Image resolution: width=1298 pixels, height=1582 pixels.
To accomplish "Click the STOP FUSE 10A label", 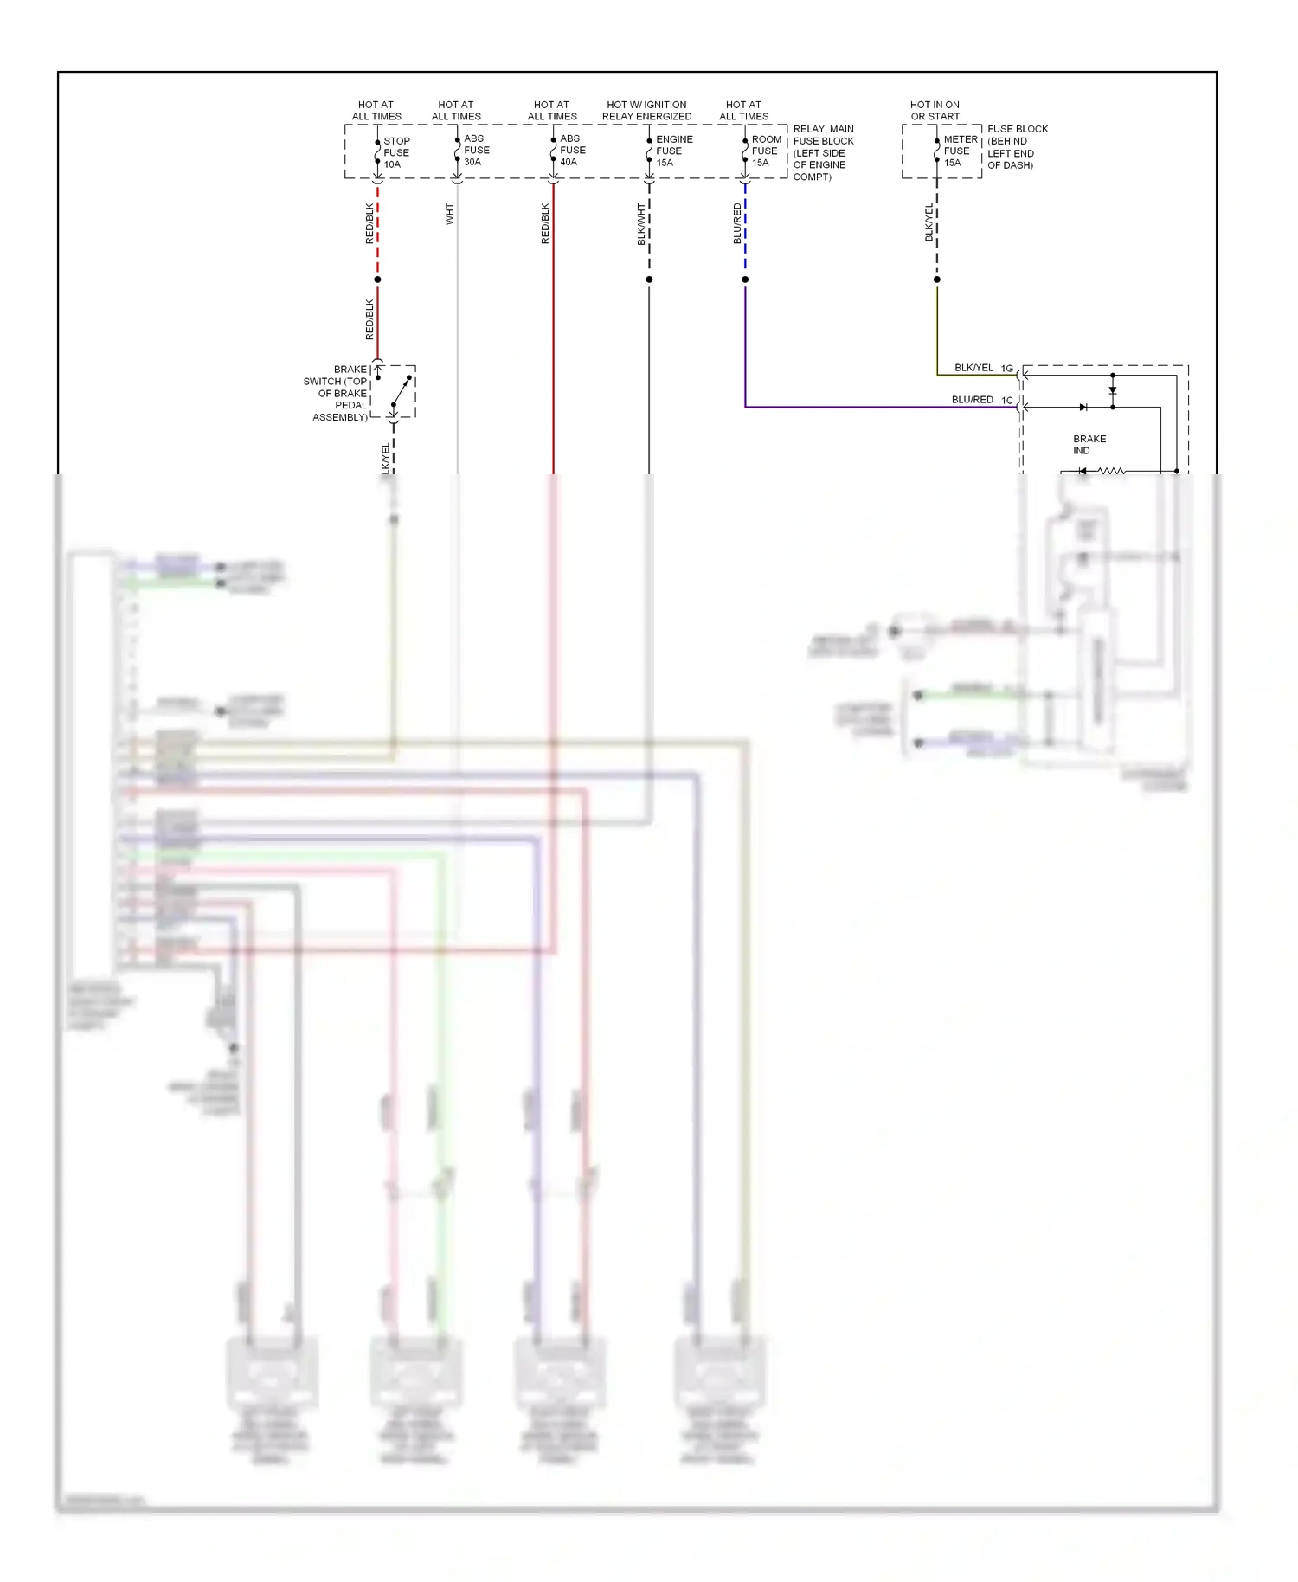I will click(x=396, y=152).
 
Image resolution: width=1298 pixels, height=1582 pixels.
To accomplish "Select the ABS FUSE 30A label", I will click(x=476, y=150).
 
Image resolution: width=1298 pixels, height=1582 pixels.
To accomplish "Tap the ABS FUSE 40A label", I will click(x=572, y=150).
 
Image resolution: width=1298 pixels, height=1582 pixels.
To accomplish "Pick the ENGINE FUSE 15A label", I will click(x=673, y=151).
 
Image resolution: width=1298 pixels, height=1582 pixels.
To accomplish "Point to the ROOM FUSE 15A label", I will click(x=766, y=151).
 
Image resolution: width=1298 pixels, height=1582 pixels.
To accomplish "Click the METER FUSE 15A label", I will click(x=960, y=151).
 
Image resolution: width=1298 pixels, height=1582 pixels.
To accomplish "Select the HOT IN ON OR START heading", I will click(x=935, y=110).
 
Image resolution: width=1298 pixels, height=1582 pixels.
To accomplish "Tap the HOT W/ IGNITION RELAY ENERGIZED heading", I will click(x=646, y=110).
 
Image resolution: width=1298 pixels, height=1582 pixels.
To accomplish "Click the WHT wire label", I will click(x=449, y=214).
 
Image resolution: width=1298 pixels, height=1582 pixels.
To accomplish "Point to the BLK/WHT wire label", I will click(x=641, y=224).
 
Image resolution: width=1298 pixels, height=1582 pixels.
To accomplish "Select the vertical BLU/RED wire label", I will click(x=737, y=223).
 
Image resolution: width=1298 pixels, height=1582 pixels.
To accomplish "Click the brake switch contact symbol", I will click(x=401, y=392).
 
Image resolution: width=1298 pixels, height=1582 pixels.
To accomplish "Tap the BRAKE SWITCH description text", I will click(x=337, y=393).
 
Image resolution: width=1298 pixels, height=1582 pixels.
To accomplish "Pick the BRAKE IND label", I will click(x=1089, y=444).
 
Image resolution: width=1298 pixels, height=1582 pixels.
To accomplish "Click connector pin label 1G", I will click(x=1007, y=368).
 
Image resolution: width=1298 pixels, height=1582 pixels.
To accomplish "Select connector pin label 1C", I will click(x=1007, y=400).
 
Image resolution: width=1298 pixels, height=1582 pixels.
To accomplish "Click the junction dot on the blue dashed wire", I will click(x=745, y=280).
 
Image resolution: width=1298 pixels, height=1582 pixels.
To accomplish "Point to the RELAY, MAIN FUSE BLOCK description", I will click(x=823, y=152).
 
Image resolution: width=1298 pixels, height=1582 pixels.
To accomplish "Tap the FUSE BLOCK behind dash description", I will click(x=1017, y=146).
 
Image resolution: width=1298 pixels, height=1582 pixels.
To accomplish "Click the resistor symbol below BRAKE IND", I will click(x=1111, y=471).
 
